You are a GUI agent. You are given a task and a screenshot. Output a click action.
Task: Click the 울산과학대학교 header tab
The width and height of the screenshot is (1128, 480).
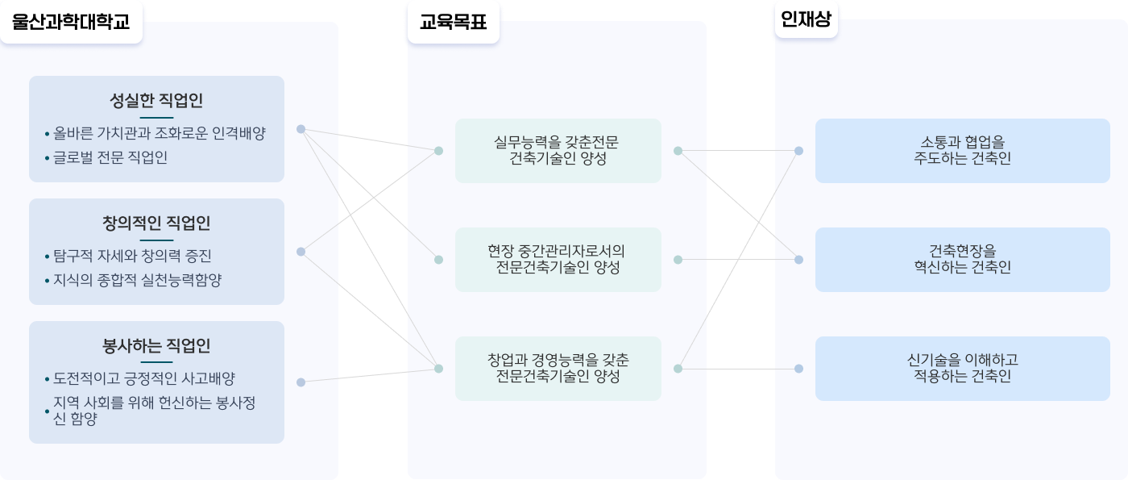(x=71, y=22)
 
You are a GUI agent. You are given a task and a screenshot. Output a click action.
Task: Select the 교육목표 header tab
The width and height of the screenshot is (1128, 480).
(x=453, y=22)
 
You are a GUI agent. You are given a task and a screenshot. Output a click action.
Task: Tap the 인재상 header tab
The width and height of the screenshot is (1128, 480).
(x=807, y=19)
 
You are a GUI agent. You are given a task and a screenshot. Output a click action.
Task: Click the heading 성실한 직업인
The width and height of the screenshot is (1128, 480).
(x=156, y=100)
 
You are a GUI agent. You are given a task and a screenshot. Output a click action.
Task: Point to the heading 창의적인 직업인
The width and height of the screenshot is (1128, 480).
(x=156, y=223)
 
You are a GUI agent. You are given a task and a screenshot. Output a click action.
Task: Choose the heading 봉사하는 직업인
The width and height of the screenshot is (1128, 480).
(x=156, y=345)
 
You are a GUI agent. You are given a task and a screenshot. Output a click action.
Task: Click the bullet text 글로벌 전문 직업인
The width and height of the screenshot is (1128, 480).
(x=110, y=157)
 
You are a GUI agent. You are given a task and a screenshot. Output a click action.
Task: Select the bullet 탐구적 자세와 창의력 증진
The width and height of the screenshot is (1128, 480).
(x=132, y=256)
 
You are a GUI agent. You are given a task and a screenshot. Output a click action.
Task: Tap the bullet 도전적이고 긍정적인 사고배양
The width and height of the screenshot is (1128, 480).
(x=144, y=378)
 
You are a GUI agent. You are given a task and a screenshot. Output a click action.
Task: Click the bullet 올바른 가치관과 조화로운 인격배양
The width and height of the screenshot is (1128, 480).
(x=160, y=133)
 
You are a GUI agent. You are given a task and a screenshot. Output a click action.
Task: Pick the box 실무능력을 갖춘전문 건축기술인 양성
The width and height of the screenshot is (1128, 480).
(x=558, y=151)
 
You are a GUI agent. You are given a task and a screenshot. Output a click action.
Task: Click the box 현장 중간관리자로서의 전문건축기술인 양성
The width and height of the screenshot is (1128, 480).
(x=558, y=260)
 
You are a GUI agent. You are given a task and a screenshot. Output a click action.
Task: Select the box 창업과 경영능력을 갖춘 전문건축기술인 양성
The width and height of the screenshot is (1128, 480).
(x=558, y=369)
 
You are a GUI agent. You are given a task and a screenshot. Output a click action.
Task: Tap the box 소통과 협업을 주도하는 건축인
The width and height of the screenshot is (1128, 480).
(x=962, y=151)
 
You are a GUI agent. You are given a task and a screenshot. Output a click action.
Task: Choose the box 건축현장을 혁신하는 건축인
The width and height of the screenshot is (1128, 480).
(x=962, y=260)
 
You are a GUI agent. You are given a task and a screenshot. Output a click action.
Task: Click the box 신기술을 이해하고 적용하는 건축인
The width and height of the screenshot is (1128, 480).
(x=962, y=369)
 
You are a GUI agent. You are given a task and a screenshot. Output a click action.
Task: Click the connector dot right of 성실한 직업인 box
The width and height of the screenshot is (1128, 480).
(x=301, y=129)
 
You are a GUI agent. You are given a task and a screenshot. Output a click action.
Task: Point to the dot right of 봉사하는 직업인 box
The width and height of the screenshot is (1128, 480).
(x=301, y=382)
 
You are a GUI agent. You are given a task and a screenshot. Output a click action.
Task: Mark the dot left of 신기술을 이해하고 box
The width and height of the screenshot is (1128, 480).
(x=798, y=369)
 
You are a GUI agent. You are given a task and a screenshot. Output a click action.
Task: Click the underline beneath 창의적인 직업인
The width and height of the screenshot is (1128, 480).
(x=156, y=240)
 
